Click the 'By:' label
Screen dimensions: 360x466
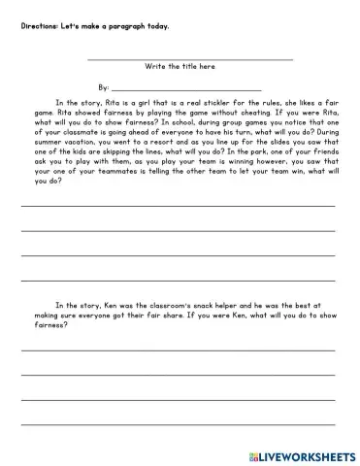(x=103, y=86)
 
